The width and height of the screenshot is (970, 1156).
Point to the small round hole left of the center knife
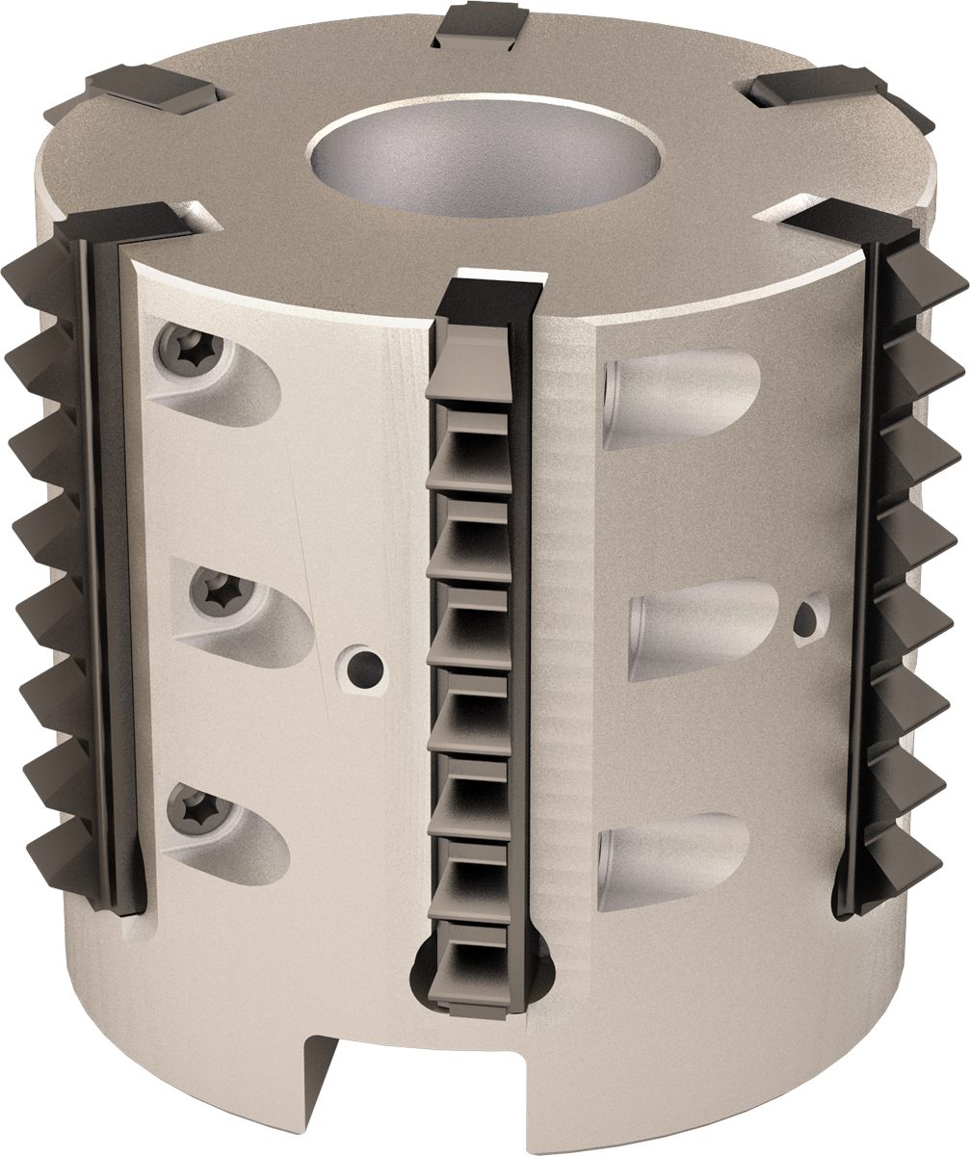365,664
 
